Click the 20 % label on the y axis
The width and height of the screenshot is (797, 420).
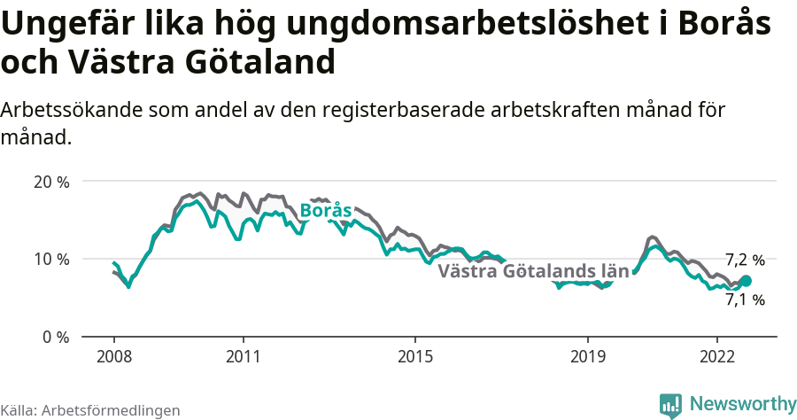[51, 182]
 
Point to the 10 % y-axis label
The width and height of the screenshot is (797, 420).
[51, 259]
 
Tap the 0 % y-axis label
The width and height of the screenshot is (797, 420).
[56, 337]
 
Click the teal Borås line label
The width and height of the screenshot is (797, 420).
[326, 211]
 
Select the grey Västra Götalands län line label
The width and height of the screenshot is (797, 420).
[533, 271]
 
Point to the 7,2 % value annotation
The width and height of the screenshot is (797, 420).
[744, 260]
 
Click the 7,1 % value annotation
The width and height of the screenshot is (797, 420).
[744, 299]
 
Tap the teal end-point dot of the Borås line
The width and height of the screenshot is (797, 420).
[746, 281]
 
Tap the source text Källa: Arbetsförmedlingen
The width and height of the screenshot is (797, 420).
[90, 410]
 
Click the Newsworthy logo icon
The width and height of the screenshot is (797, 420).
[671, 405]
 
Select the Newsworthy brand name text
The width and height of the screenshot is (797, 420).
[742, 404]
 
